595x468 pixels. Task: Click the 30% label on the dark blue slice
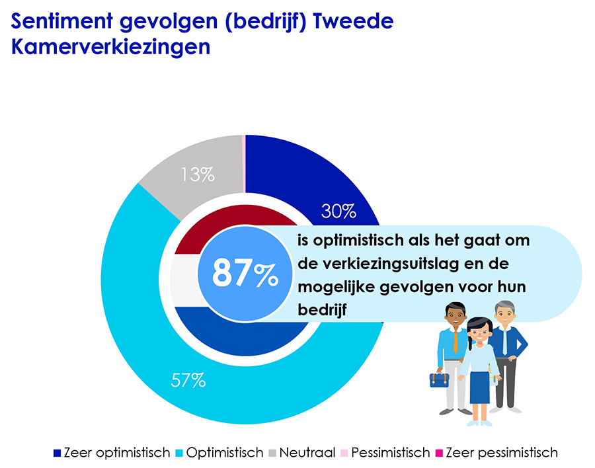(338, 211)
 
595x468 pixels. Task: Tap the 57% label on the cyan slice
(188, 381)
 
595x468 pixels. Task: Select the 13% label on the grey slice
(198, 175)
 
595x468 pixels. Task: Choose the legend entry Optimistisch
(219, 453)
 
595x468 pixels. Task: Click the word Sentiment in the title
(63, 22)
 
